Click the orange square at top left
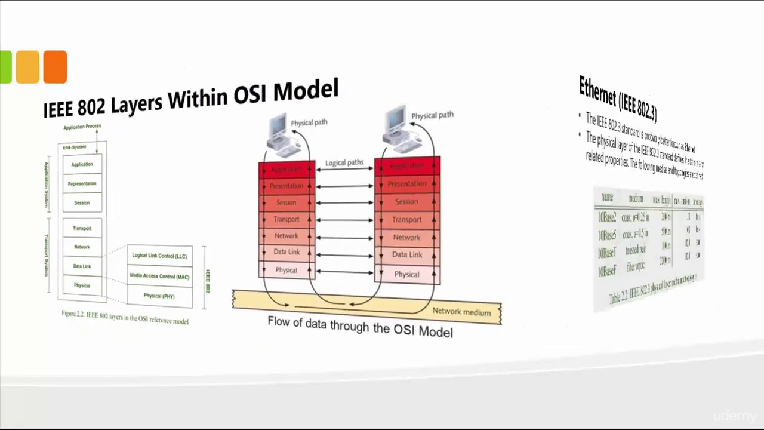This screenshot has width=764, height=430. (x=55, y=66)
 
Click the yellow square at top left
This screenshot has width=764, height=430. (x=27, y=66)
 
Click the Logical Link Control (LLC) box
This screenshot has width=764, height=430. (x=159, y=256)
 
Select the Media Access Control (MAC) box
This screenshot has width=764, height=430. (x=159, y=277)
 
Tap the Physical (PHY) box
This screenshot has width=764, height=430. (x=159, y=296)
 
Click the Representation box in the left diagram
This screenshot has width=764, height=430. (x=82, y=183)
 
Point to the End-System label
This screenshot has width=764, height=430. (x=75, y=147)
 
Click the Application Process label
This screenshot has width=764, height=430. (x=82, y=127)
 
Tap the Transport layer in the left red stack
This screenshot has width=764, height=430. (x=286, y=220)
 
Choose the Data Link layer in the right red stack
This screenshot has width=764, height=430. (x=407, y=255)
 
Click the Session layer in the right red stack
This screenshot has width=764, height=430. (x=406, y=202)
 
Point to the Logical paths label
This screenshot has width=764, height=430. (x=344, y=162)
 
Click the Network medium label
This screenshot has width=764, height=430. (x=461, y=312)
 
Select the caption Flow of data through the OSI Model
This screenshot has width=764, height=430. (x=360, y=326)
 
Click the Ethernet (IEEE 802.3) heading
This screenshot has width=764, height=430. (x=618, y=97)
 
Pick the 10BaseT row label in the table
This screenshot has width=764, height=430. (x=607, y=253)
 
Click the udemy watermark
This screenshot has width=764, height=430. (x=734, y=416)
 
